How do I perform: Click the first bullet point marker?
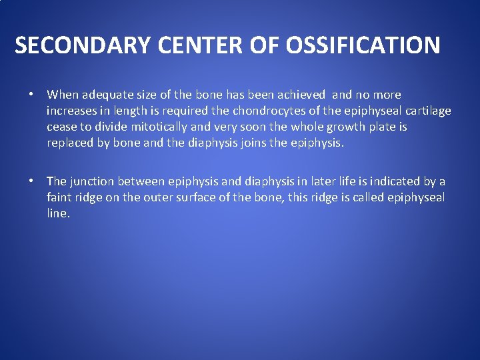31,95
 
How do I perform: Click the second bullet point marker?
31,181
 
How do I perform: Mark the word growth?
341,127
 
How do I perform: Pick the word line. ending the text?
58,213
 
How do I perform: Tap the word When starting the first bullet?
62,95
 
